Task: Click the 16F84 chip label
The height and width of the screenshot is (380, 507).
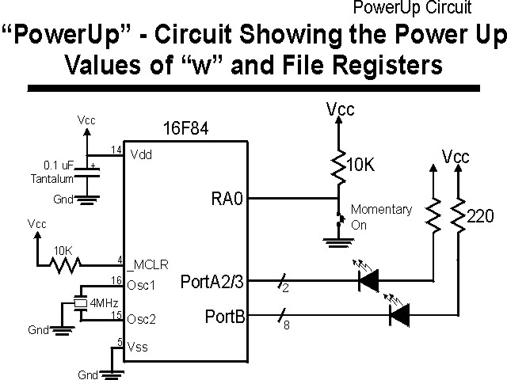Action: point(185,128)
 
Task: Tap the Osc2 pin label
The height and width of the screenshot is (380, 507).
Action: point(141,318)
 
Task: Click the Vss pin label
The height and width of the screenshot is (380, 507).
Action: point(138,347)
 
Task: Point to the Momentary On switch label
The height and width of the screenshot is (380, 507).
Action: point(380,217)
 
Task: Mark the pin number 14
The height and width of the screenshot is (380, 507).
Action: point(116,150)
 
